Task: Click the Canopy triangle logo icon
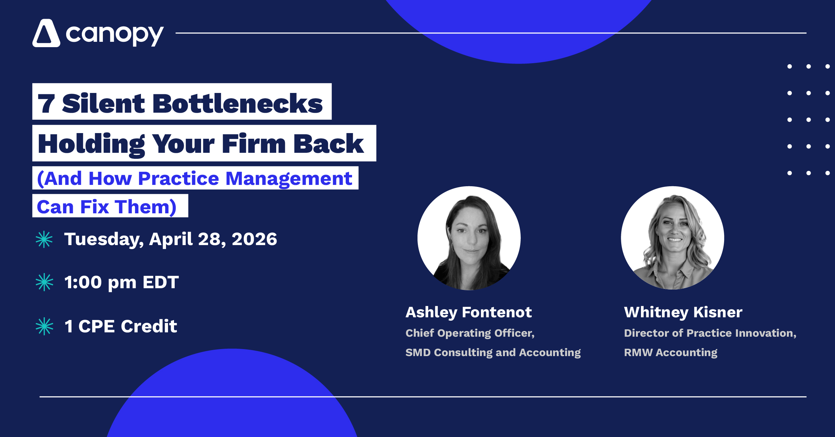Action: (46, 33)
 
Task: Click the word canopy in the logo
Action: (115, 35)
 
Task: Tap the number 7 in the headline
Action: (46, 104)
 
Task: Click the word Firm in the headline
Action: (254, 144)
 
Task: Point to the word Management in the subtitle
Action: (289, 179)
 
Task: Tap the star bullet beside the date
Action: (44, 239)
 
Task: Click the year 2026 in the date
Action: (255, 239)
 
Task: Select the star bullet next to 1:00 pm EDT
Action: (44, 282)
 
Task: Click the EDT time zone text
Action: (161, 282)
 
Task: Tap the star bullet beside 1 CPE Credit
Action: (44, 326)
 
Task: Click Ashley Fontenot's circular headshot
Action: (469, 238)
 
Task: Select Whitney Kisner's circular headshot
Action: (672, 238)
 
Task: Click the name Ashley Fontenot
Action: (469, 313)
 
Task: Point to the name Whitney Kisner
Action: (683, 313)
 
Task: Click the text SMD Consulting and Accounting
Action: (493, 352)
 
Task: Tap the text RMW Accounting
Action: (671, 352)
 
